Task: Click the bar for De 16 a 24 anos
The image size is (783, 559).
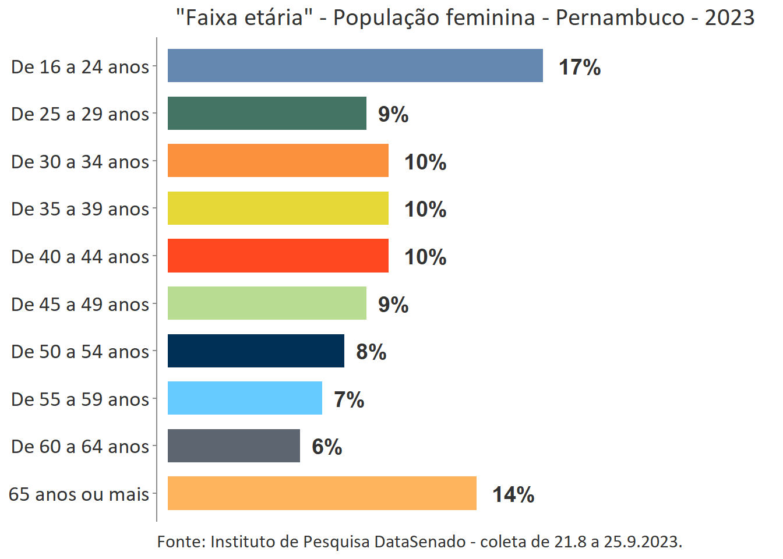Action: click(x=355, y=66)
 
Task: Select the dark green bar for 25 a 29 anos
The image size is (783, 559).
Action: click(x=267, y=114)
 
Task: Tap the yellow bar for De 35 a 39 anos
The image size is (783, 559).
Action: click(x=278, y=208)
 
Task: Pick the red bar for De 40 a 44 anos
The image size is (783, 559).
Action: click(x=278, y=256)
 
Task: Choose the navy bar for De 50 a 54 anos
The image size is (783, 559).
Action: click(x=256, y=351)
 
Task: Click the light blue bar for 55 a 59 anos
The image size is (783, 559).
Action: click(x=245, y=398)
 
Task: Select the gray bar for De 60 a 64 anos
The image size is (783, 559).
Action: click(x=234, y=446)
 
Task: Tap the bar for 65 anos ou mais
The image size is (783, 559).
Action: click(x=322, y=493)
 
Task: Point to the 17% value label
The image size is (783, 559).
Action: click(x=580, y=68)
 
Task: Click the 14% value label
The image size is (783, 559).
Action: click(x=513, y=495)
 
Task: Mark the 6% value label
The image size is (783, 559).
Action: click(x=327, y=447)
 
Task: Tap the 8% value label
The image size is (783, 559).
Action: click(x=371, y=352)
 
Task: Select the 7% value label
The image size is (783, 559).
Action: click(x=349, y=400)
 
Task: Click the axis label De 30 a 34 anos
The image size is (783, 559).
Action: click(x=80, y=162)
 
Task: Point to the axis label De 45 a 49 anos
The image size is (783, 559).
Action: click(x=80, y=305)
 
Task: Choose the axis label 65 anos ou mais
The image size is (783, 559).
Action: click(x=79, y=494)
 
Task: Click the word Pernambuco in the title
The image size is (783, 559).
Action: click(x=620, y=18)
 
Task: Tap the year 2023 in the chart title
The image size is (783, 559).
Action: click(x=729, y=18)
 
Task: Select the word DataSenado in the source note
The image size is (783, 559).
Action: click(x=419, y=542)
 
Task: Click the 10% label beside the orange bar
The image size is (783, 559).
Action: click(x=425, y=162)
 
